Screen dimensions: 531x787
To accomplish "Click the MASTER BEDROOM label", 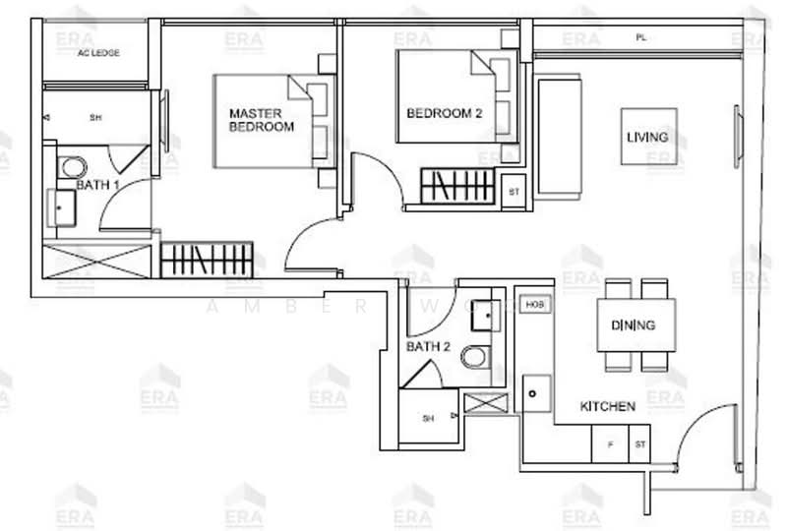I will pyautogui.click(x=261, y=120).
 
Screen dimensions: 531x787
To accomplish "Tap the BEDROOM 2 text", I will pyautogui.click(x=444, y=113).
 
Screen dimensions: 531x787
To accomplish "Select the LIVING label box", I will pyautogui.click(x=647, y=137).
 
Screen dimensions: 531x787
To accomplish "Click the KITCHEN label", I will pyautogui.click(x=607, y=405).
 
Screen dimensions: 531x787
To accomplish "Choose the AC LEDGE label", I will pyautogui.click(x=98, y=52).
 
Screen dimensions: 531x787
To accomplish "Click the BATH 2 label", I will pyautogui.click(x=429, y=346).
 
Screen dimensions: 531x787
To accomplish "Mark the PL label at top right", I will pyautogui.click(x=640, y=38).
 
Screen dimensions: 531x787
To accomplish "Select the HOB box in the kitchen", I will pyautogui.click(x=534, y=305).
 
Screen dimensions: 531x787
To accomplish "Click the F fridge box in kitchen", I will pyautogui.click(x=610, y=444).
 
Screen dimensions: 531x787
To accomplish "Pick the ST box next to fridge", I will pyautogui.click(x=639, y=444).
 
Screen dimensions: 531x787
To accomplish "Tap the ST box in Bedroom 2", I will pyautogui.click(x=513, y=192).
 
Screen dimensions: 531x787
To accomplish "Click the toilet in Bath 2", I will pyautogui.click(x=474, y=356).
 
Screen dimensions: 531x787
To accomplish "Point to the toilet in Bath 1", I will pyautogui.click(x=72, y=166).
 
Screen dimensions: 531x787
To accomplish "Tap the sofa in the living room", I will pyautogui.click(x=559, y=139).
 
